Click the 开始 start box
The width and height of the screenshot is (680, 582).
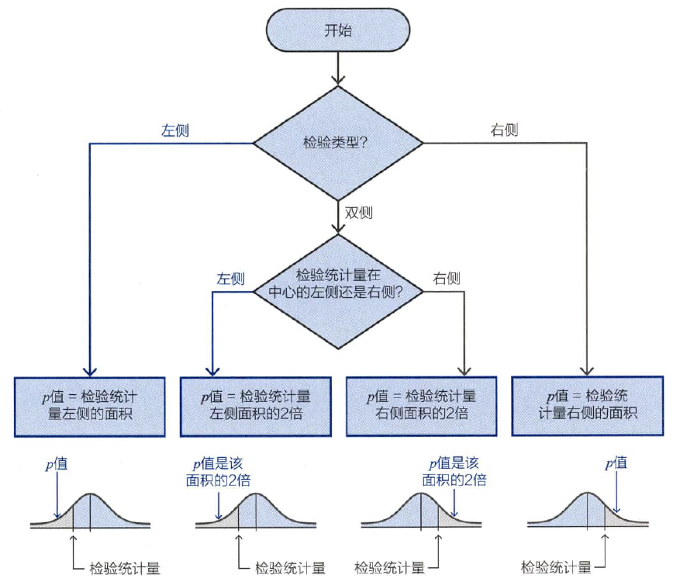pyautogui.click(x=338, y=30)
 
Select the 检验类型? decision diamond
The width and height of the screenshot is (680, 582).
pyautogui.click(x=338, y=143)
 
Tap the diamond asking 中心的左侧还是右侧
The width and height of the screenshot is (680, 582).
pyautogui.click(x=338, y=291)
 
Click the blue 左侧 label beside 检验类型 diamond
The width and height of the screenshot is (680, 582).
pyautogui.click(x=175, y=130)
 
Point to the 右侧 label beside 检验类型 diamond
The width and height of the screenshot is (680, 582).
pyautogui.click(x=504, y=130)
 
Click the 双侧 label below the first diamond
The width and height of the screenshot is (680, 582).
pyautogui.click(x=359, y=213)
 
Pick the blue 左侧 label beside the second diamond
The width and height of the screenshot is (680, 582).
pyautogui.click(x=231, y=279)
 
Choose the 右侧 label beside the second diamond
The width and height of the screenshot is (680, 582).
pyautogui.click(x=447, y=278)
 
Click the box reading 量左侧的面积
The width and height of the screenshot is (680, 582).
pyautogui.click(x=90, y=407)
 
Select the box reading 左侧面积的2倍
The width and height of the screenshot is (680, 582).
pyautogui.click(x=256, y=407)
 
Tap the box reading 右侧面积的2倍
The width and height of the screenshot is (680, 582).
pyautogui.click(x=422, y=406)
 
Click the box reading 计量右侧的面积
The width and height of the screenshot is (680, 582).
pyautogui.click(x=588, y=406)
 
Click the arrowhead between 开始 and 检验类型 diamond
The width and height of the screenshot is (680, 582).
pyautogui.click(x=338, y=80)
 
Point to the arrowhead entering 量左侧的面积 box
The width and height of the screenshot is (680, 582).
pyautogui.click(x=90, y=372)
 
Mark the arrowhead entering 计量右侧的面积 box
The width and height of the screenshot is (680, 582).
pyautogui.click(x=587, y=372)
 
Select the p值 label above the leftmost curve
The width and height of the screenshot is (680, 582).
pyautogui.click(x=57, y=464)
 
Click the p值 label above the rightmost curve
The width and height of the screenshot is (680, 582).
pyautogui.click(x=616, y=463)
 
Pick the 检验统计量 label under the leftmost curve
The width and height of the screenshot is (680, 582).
pyautogui.click(x=125, y=568)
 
